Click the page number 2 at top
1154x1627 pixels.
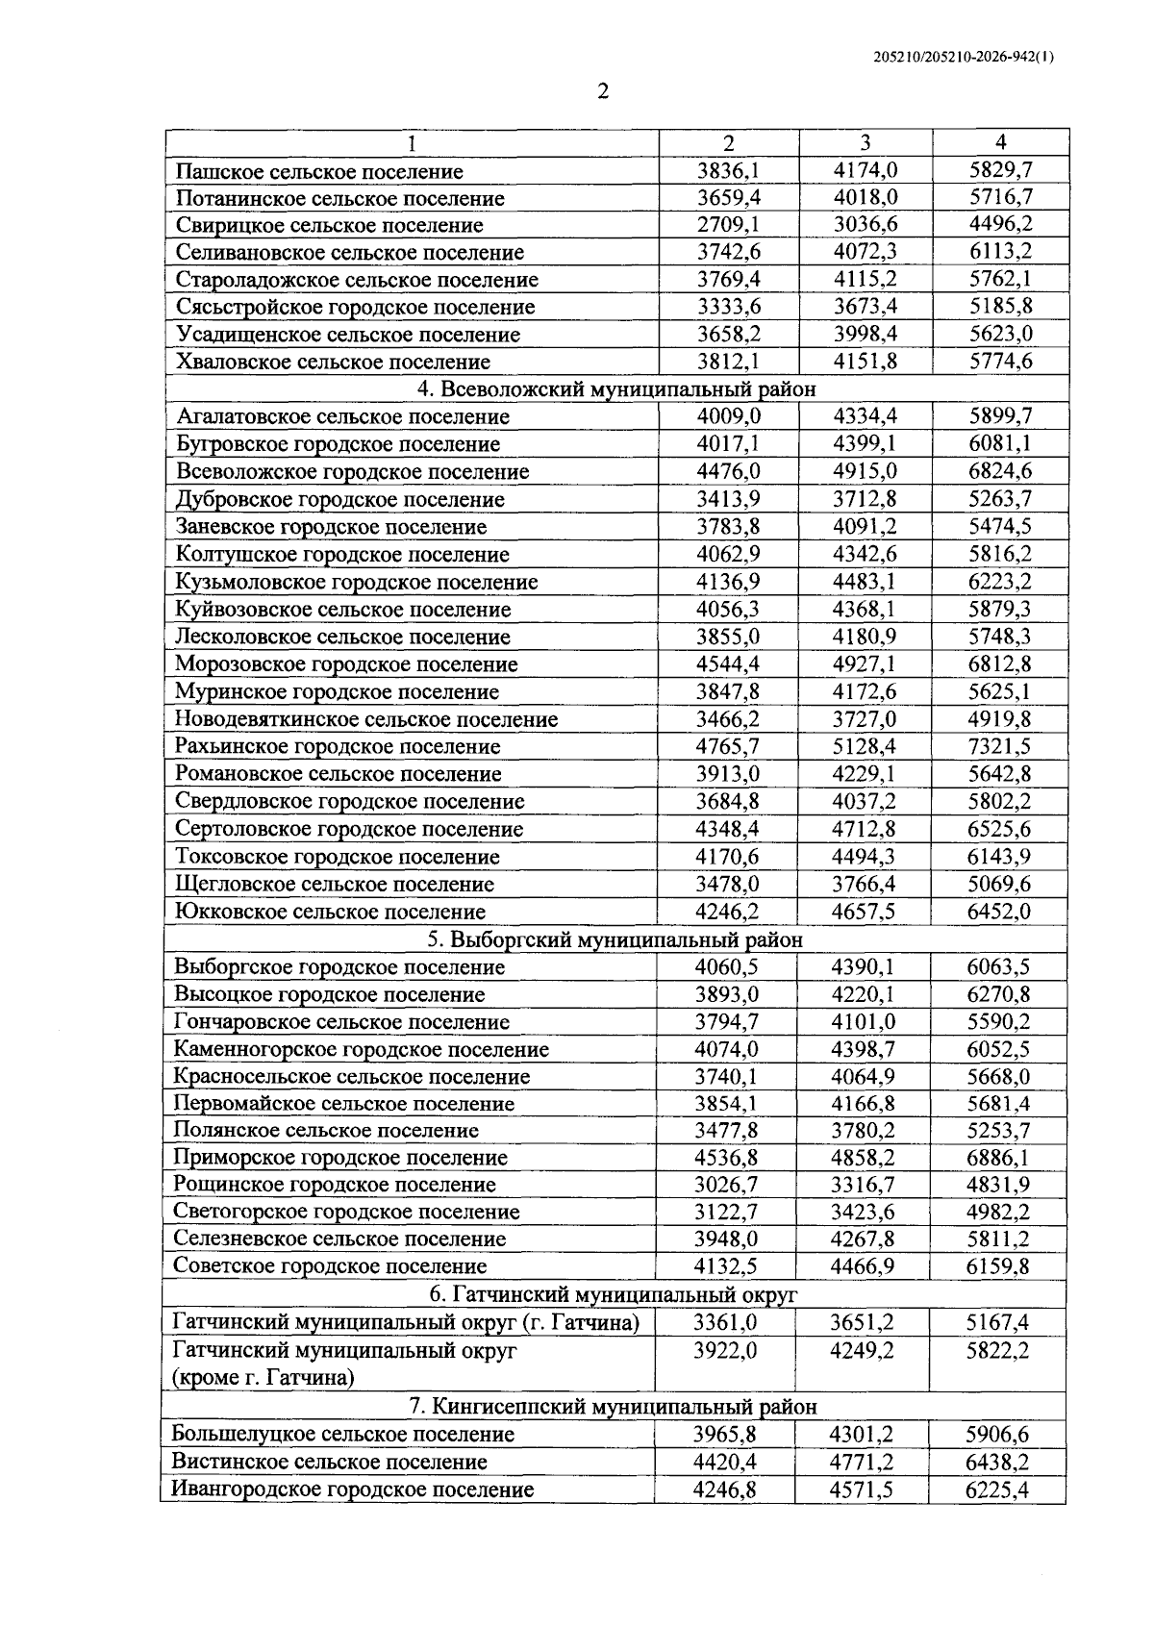click(x=603, y=92)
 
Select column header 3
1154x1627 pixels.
click(x=865, y=142)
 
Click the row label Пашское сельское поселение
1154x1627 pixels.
click(x=319, y=171)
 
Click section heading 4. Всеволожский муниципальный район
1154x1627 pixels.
click(x=615, y=389)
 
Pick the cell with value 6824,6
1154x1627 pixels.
click(x=999, y=471)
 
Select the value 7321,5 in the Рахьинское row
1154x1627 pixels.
click(x=999, y=746)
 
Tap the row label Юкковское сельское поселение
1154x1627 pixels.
click(x=330, y=912)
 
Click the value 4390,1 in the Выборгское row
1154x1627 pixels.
click(x=863, y=966)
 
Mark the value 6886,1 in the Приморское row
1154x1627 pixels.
click(x=998, y=1158)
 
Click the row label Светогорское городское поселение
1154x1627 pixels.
click(x=346, y=1212)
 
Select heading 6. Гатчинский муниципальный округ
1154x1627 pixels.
click(x=614, y=1294)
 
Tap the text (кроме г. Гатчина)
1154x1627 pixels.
click(x=263, y=1377)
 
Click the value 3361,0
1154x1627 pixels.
click(x=725, y=1322)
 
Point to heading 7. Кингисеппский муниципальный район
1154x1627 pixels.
click(x=614, y=1406)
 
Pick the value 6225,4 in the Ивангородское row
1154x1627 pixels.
click(x=997, y=1489)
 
